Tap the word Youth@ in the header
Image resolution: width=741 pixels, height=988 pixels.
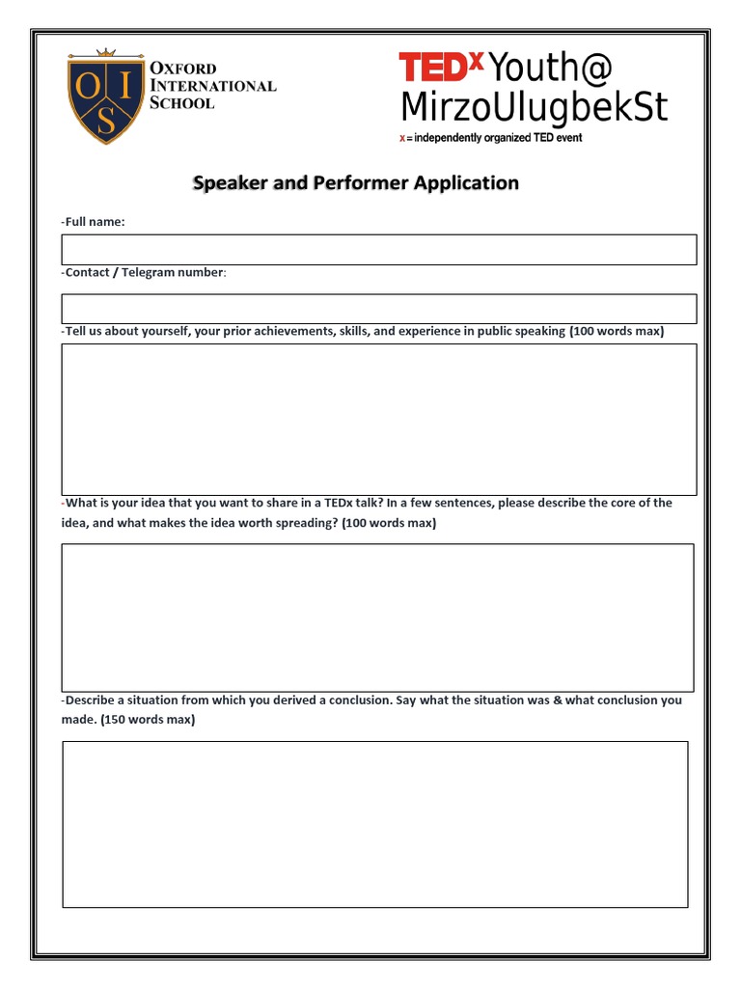(x=551, y=69)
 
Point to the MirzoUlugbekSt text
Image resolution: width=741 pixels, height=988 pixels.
(x=534, y=107)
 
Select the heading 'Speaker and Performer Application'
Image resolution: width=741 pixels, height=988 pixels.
(x=356, y=182)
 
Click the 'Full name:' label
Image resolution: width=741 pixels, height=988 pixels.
(x=94, y=222)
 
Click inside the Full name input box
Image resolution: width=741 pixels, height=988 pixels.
(x=379, y=250)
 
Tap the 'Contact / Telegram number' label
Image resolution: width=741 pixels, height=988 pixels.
(x=145, y=272)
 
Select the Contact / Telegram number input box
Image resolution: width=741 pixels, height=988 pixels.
(x=379, y=309)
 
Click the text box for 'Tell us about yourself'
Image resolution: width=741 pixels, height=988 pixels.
(x=379, y=420)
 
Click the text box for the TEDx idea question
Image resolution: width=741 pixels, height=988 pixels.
(x=378, y=617)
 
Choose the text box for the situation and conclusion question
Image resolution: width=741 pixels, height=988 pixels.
(x=375, y=824)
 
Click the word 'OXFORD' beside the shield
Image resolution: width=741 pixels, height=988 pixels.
(x=183, y=69)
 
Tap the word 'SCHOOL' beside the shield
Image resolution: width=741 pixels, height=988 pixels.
(x=182, y=103)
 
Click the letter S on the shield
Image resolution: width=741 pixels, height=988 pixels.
(x=107, y=121)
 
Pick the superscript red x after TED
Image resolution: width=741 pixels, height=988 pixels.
(x=476, y=58)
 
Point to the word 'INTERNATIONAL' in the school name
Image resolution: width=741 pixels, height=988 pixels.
(x=212, y=86)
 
